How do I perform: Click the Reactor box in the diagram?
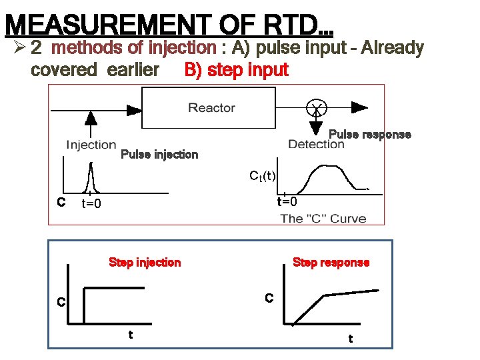pos(211,108)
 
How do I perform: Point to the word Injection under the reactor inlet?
pos(91,145)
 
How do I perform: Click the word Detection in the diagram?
pos(316,145)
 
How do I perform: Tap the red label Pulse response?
pos(370,135)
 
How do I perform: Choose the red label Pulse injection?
pos(159,155)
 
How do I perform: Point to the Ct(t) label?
pos(262,176)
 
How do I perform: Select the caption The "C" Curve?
pos(323,219)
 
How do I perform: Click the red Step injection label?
pos(145,263)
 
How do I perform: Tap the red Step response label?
pos(331,263)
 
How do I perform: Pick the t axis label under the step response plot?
pos(351,339)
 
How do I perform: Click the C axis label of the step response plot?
pos(269,298)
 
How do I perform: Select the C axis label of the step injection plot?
pos(60,302)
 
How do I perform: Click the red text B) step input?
pos(236,70)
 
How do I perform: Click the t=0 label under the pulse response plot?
pos(287,201)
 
